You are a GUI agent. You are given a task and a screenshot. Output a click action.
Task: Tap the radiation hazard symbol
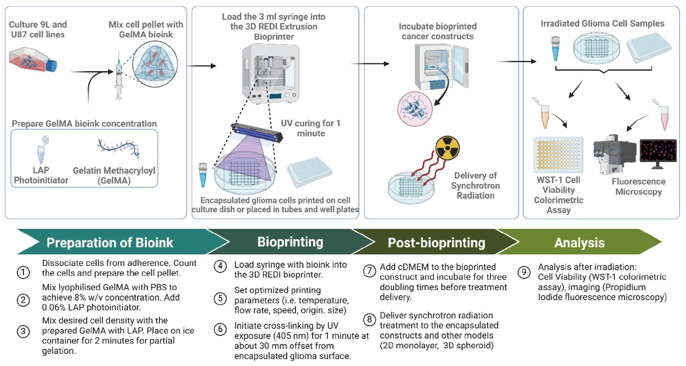click(447, 148)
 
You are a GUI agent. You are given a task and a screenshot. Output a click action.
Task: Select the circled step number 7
click(369, 271)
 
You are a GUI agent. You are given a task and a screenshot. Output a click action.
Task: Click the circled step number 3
click(23, 332)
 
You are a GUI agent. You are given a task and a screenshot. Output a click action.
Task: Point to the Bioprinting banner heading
click(290, 242)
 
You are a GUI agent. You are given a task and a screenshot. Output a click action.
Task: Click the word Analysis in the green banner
click(579, 243)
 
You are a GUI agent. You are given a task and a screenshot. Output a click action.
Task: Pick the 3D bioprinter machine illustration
click(270, 74)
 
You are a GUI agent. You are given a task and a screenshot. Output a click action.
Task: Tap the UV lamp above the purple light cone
click(257, 133)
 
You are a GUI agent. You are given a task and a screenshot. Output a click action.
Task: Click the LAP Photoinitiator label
click(41, 175)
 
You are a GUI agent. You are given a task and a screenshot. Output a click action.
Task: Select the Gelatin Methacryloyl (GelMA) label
click(114, 176)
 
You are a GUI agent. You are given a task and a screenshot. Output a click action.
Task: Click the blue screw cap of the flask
click(52, 65)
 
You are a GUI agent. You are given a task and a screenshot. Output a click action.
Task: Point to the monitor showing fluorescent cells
click(658, 151)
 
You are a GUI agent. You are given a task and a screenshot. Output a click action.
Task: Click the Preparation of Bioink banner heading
click(110, 243)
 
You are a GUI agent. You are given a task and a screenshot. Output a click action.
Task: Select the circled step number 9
click(524, 272)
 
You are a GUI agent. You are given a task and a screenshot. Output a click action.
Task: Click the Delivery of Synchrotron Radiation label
click(475, 186)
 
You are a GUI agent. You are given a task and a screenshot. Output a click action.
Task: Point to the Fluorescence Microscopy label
click(638, 187)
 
